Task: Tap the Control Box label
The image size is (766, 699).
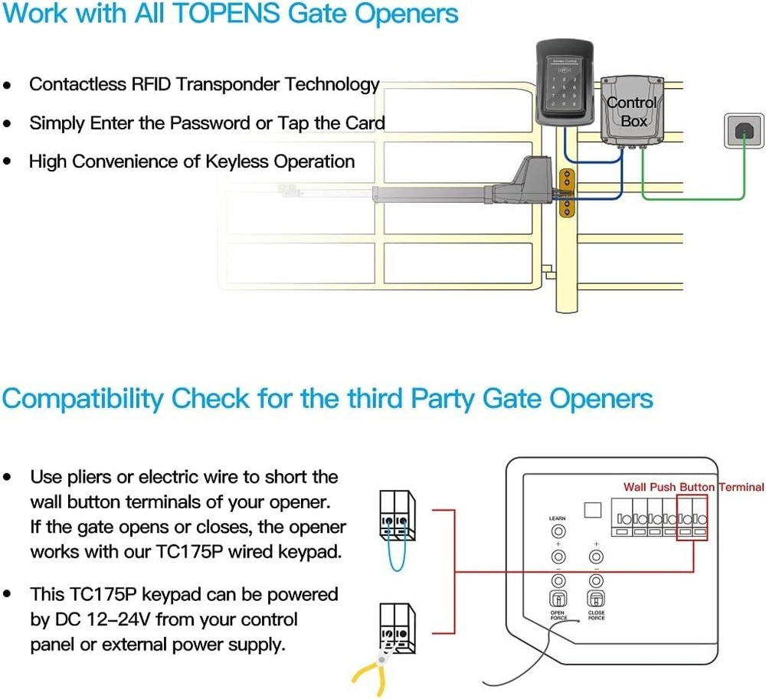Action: tap(632, 112)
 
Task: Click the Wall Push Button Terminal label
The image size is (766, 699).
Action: tap(693, 487)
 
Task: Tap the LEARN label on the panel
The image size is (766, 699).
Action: tap(558, 518)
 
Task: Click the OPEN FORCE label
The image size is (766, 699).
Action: tap(558, 616)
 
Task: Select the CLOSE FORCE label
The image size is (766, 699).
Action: tap(596, 616)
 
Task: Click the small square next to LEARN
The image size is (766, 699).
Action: tap(591, 510)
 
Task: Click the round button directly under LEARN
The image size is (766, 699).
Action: tap(559, 531)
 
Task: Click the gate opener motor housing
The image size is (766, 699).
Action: tap(529, 179)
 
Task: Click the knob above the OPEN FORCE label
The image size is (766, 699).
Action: tap(559, 599)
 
